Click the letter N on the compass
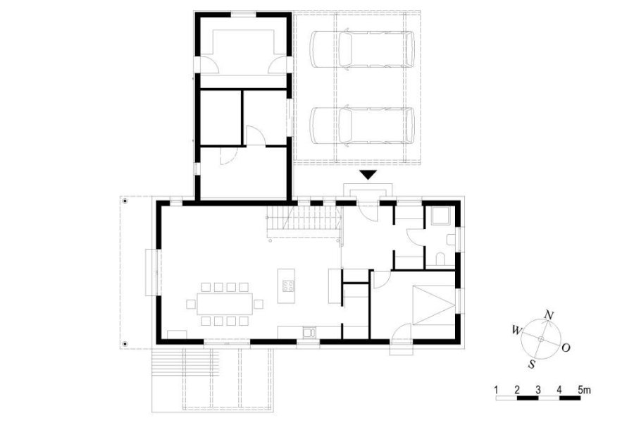(549, 314)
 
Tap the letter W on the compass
(516, 330)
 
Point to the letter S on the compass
(532, 364)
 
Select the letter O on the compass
(566, 348)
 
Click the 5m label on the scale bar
(584, 390)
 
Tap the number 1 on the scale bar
(496, 390)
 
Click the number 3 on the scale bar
(538, 390)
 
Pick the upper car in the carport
(363, 49)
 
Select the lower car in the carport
(363, 125)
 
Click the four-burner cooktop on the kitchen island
(288, 286)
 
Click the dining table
(225, 304)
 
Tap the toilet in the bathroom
(440, 259)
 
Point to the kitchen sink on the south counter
(309, 332)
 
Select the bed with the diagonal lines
(434, 305)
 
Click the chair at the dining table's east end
(259, 304)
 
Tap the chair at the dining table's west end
(191, 304)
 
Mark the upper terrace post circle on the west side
(125, 201)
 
